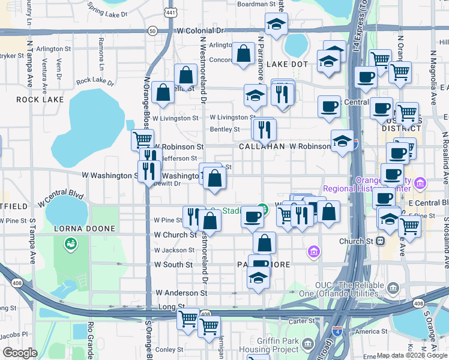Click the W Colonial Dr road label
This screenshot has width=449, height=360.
coord(200,30)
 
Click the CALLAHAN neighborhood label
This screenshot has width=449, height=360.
coord(261,146)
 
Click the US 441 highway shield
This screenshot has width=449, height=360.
coord(171,12)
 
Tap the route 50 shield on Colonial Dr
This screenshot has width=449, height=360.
coord(153,30)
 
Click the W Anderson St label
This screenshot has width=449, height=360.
coord(181,293)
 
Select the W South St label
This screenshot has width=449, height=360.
coord(173,264)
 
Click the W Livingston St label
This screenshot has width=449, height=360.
coord(174,118)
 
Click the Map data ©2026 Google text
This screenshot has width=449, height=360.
coord(412,355)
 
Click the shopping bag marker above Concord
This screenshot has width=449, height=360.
coord(244,53)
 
